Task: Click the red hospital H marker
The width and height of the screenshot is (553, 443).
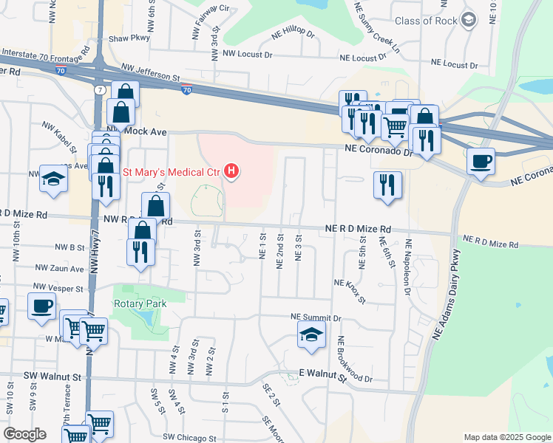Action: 232,172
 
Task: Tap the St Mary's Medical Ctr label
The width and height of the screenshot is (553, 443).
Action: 172,173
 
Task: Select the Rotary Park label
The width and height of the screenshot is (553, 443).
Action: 140,303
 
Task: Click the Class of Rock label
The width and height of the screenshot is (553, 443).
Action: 426,21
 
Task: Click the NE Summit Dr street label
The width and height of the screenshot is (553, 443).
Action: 316,317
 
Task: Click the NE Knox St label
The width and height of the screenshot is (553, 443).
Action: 350,291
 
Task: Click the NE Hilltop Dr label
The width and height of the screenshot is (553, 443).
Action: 293,35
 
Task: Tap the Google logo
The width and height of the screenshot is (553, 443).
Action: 25,434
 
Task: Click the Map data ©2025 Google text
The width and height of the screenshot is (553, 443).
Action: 506,437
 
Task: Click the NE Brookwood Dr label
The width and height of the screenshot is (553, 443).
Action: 354,360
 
